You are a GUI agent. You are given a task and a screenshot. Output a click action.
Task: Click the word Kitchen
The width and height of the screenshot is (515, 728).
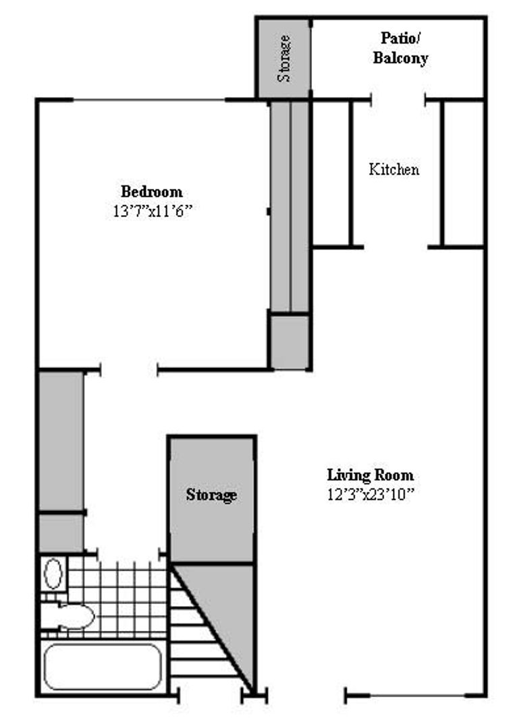(394, 169)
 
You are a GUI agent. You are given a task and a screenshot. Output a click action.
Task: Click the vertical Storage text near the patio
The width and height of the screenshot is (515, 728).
(285, 59)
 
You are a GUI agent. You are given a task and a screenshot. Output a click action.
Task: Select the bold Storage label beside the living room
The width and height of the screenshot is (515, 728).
(211, 495)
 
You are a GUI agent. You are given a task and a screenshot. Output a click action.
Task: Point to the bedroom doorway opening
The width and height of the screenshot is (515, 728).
(129, 369)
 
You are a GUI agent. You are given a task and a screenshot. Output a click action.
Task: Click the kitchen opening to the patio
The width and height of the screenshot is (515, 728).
(399, 100)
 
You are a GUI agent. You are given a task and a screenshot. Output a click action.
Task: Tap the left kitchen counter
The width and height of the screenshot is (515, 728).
(332, 173)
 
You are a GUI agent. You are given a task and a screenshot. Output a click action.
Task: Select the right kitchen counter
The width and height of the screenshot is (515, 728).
(464, 173)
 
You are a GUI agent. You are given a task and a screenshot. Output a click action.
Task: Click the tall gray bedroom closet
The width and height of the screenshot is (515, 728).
(290, 206)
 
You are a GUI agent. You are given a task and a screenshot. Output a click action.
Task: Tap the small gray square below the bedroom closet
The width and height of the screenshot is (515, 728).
(290, 341)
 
